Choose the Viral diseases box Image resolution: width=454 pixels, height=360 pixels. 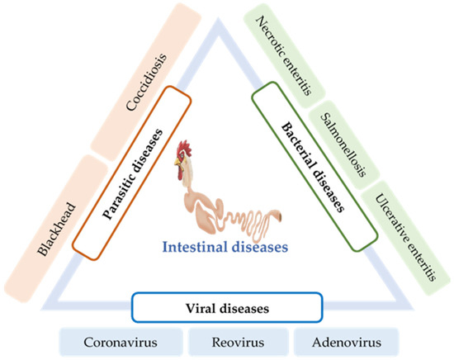click(225, 308)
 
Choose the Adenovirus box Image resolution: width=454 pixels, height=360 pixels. click(338, 340)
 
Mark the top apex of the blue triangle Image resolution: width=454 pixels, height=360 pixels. click(226, 29)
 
